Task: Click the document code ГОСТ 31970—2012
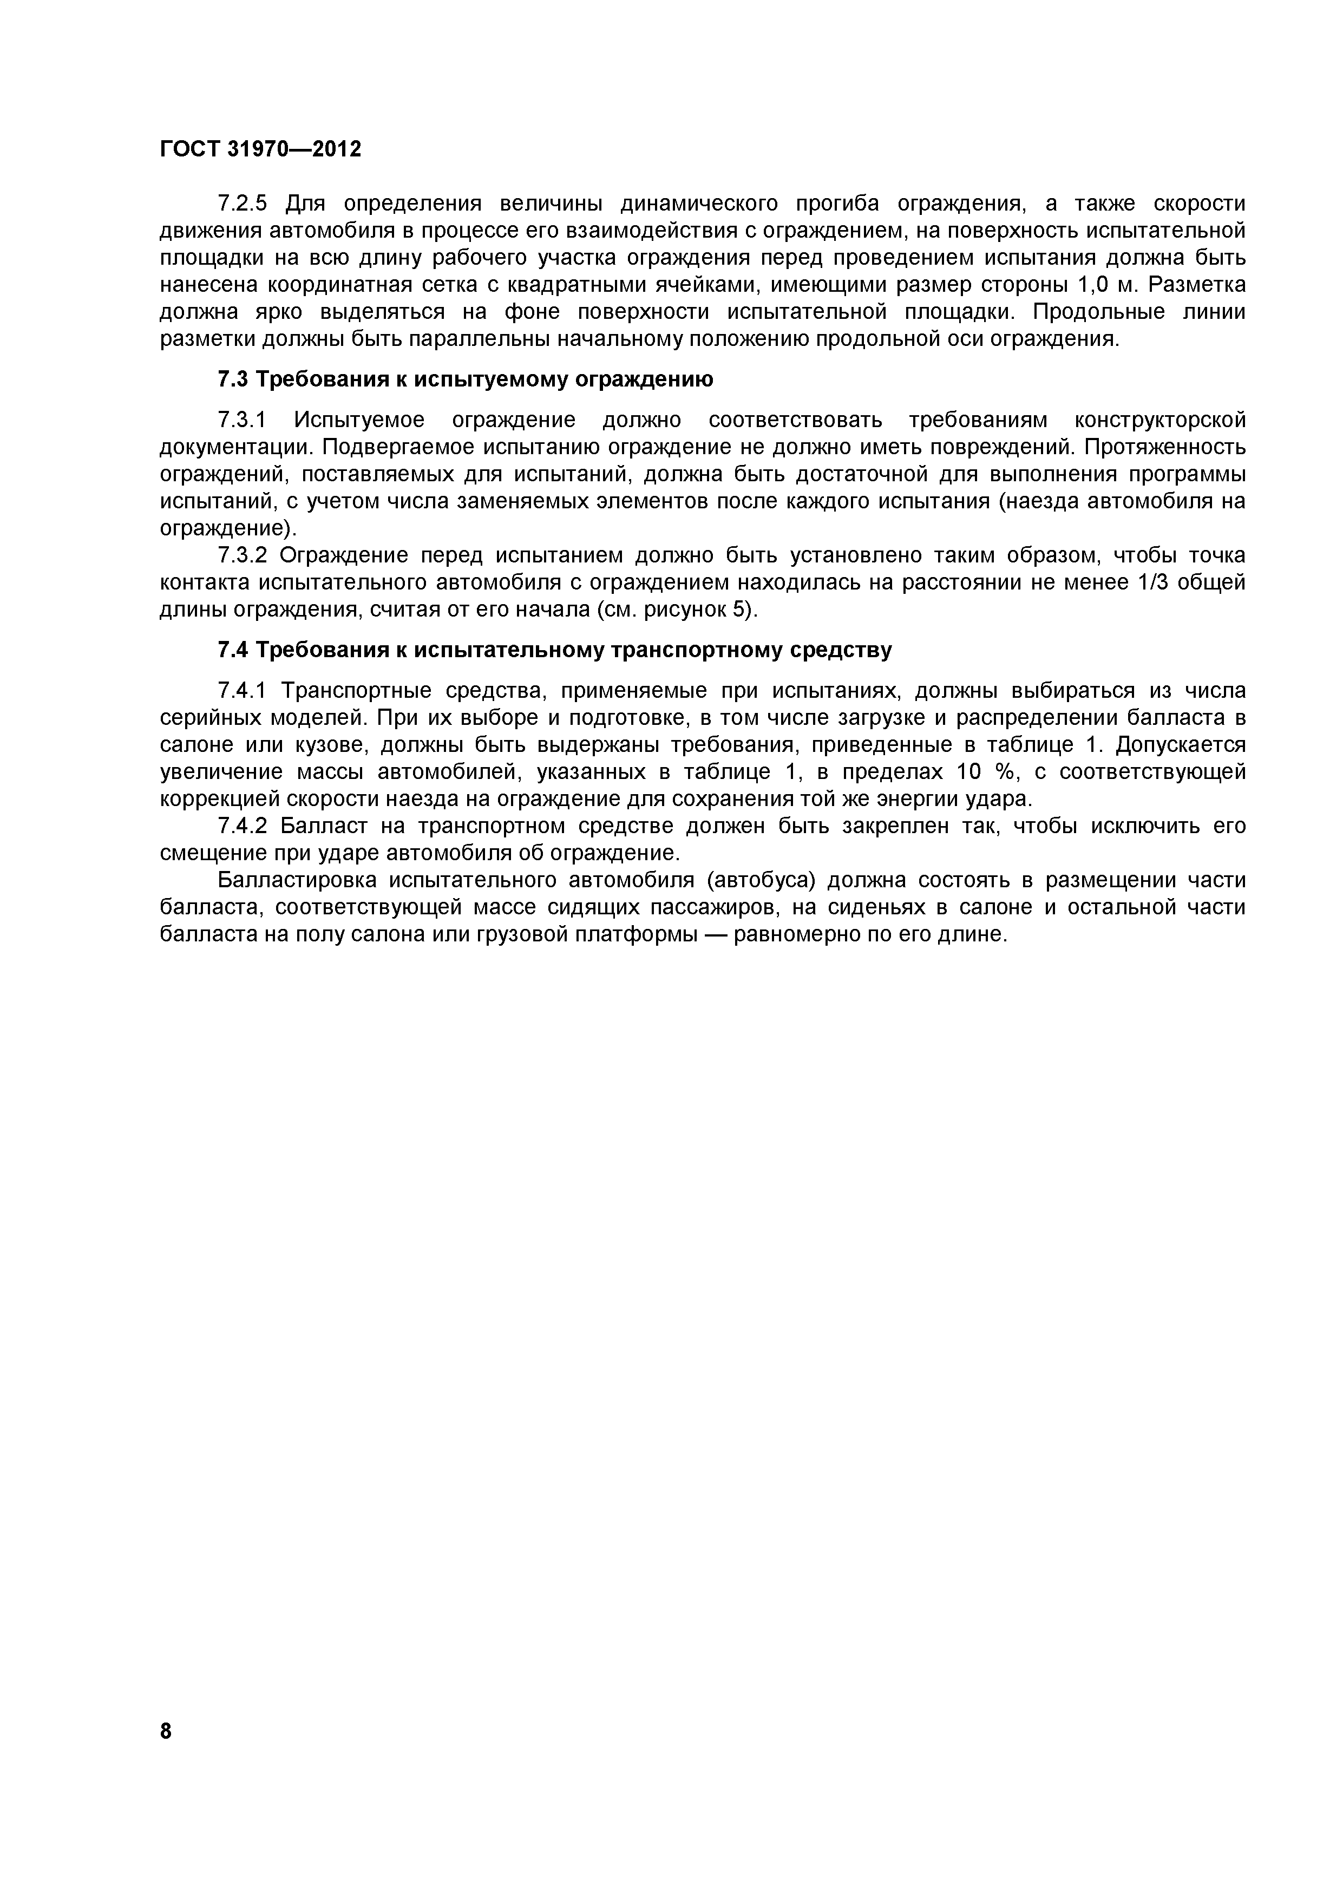(260, 150)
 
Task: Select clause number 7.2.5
(243, 204)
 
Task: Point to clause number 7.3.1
(243, 420)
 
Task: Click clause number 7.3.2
(243, 555)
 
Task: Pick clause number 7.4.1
(243, 691)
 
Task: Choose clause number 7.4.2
(243, 826)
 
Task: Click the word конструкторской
(1160, 420)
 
